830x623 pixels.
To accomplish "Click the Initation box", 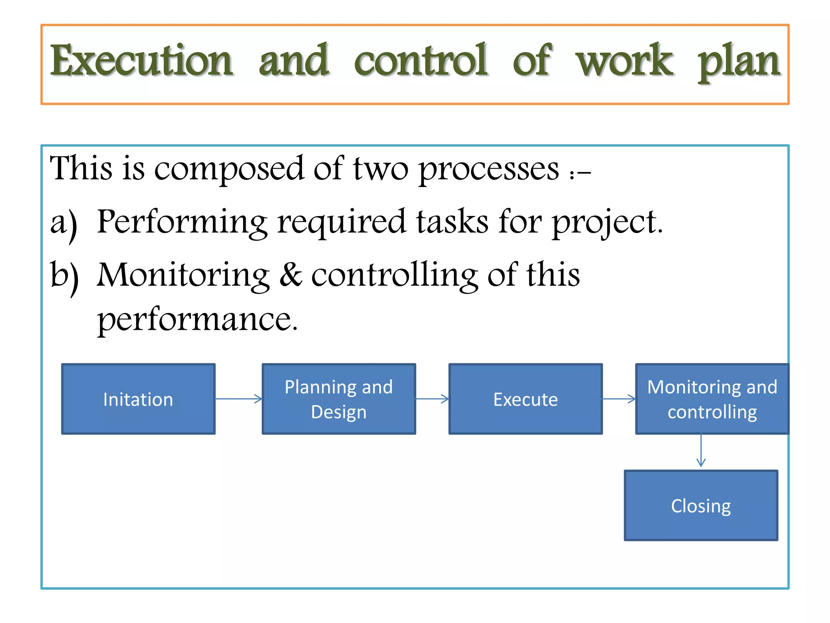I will point(138,399).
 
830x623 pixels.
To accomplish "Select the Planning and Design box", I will point(339,399).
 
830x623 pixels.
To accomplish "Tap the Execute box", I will point(526,399).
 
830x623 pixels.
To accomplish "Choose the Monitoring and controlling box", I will point(712,399).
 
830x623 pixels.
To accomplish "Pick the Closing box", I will point(701,505).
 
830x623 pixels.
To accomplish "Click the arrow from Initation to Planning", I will point(239,399).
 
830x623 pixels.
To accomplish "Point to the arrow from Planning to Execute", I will point(432,399).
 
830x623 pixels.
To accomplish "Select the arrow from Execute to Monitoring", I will point(619,399).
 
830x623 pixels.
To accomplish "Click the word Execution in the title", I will point(141,61).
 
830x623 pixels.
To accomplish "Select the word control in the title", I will point(421,61).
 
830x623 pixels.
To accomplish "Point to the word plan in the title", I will point(738,63).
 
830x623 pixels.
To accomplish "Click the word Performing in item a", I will point(182,223).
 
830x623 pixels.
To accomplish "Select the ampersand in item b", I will point(290,275).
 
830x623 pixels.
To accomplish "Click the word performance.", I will point(197,320).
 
